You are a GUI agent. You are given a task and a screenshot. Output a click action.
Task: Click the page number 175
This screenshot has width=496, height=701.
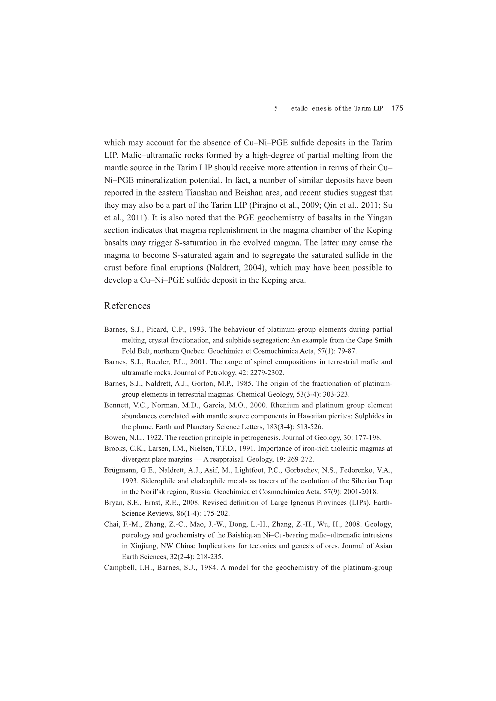(397, 108)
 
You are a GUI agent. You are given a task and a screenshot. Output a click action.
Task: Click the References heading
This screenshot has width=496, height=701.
(127, 306)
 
